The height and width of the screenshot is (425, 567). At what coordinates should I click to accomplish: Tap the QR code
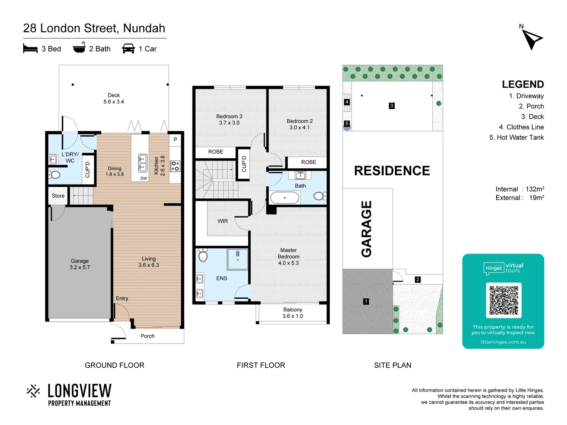pos(504,300)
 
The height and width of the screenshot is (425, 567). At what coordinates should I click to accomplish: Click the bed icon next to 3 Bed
pos(30,49)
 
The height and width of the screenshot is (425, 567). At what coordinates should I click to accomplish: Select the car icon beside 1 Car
pos(128,49)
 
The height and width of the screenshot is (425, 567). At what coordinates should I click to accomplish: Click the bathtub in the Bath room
pos(285,198)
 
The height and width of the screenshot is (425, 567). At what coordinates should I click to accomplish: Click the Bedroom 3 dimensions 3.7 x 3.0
pos(229,123)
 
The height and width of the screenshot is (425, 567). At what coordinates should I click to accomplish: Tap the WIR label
pos(222,221)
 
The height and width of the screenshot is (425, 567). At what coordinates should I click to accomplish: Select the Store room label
pos(58,196)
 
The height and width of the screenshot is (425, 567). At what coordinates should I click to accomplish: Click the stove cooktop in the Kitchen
pos(175,166)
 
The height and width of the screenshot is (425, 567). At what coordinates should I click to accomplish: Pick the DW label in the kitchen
pos(144,178)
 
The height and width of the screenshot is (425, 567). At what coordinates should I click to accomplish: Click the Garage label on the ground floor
pos(80,261)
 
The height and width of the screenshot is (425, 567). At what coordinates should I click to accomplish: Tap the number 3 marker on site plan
pos(391,105)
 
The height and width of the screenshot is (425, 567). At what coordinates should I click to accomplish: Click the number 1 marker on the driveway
pos(366,301)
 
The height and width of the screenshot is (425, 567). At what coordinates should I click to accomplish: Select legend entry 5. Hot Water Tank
pos(516,137)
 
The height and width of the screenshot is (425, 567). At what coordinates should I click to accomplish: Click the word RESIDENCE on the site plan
pos(392,171)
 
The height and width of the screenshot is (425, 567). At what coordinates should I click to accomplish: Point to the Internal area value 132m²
pos(535,189)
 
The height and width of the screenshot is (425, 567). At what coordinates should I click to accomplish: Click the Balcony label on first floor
pos(293,310)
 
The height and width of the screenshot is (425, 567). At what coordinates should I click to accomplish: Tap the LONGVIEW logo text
pos(80,391)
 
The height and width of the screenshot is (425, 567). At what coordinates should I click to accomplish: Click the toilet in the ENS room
pos(203,256)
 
